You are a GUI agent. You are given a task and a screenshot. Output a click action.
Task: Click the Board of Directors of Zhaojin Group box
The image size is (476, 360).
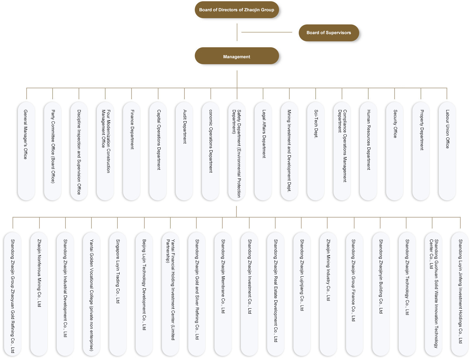point(236,10)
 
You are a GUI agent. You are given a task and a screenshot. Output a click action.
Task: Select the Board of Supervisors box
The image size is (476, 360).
point(329,33)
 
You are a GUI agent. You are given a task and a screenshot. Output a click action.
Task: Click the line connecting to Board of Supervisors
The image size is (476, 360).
point(267,32)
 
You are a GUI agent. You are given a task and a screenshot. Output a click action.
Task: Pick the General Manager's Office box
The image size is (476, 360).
point(26,151)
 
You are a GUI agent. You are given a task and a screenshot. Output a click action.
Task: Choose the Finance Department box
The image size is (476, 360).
point(132,151)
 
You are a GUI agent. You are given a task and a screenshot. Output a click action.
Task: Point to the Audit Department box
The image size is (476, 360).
point(184,151)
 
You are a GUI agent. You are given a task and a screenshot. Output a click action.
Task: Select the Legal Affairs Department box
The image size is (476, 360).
point(263,151)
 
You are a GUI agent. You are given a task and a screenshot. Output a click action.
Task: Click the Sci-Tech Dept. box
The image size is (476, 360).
point(316,151)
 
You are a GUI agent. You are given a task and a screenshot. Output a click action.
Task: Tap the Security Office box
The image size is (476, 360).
point(395,151)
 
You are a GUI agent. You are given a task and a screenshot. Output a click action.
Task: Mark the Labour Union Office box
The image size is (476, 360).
point(447,151)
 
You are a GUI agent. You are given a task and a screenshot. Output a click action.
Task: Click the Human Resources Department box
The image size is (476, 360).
point(368,151)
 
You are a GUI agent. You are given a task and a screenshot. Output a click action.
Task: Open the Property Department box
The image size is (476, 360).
point(421,151)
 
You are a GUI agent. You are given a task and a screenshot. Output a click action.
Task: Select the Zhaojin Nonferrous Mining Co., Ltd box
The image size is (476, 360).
point(39,294)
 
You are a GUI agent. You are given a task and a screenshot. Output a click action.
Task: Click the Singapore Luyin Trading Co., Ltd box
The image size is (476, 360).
point(118,294)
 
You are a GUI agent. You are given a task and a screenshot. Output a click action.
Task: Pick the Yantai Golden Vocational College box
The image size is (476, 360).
point(91,294)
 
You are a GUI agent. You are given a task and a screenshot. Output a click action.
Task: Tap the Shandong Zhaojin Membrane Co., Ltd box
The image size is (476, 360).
point(223,294)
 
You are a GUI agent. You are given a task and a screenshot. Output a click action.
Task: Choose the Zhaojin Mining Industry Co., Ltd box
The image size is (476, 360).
point(328,294)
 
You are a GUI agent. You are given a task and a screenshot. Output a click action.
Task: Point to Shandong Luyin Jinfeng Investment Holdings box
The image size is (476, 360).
point(460,294)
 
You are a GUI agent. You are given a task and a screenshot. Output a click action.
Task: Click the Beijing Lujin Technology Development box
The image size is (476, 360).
point(144,294)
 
